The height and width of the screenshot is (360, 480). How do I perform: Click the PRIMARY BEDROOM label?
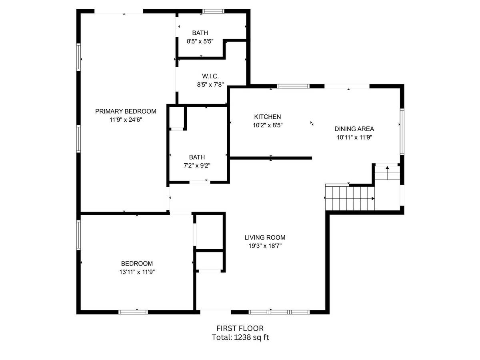tap(126, 111)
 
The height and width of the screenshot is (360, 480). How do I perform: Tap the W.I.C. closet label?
tap(210, 76)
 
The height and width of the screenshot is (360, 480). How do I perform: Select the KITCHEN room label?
tap(267, 117)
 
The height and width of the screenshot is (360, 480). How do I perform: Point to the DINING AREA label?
tap(354, 129)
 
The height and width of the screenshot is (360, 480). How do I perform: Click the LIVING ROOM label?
tap(265, 237)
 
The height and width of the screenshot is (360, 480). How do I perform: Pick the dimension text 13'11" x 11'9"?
tap(137, 272)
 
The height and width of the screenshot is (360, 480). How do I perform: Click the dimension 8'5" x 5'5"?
tap(200, 41)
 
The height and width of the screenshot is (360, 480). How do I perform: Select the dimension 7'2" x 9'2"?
tap(197, 166)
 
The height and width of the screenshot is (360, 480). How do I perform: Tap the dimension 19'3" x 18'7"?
tap(265, 246)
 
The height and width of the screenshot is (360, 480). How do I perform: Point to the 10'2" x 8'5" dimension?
tap(268, 125)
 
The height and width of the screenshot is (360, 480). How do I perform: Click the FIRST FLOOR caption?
tap(240, 328)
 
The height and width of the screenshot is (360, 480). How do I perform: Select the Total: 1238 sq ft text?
tap(240, 337)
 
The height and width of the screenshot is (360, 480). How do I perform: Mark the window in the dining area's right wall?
tap(402, 132)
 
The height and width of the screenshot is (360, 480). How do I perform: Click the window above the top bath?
tap(213, 11)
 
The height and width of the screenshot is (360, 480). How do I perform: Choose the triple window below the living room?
tap(279, 312)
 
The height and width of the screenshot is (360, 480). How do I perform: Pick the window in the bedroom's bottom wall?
tap(133, 312)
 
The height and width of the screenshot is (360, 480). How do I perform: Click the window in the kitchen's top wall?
tap(293, 86)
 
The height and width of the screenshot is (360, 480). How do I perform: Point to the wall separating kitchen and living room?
tap(271, 158)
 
